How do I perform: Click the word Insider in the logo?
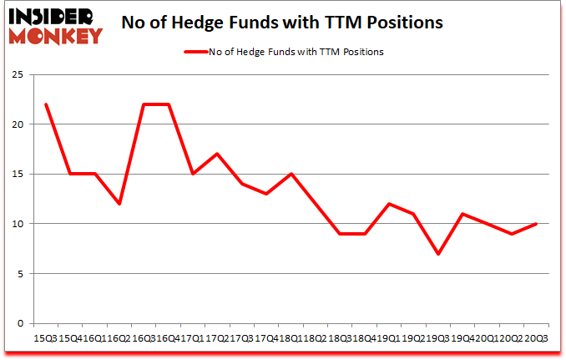tap(52, 15)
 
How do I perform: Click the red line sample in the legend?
tap(195, 52)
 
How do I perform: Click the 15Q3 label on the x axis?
tap(46, 339)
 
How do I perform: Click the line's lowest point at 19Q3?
tap(438, 254)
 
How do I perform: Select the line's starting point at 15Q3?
tap(46, 104)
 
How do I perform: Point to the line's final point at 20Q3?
tap(535, 224)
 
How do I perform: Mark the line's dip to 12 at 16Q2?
tap(119, 204)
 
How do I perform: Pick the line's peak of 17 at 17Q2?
tap(217, 154)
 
